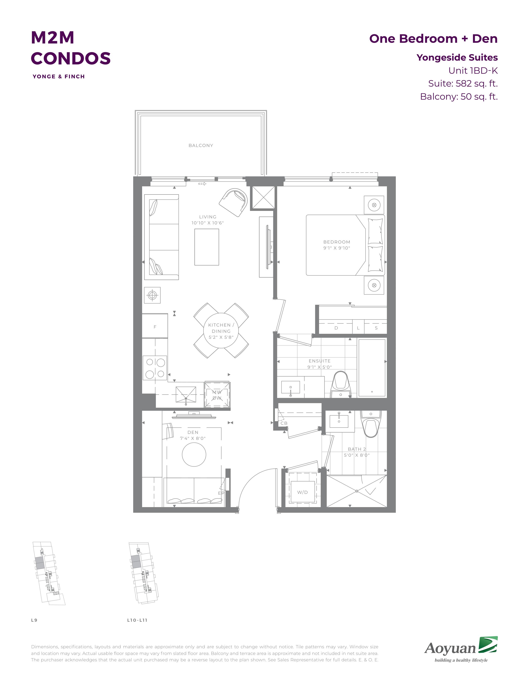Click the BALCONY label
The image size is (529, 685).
[201, 146]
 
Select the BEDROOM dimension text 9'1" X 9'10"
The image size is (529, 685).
[336, 248]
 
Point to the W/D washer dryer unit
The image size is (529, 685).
[302, 492]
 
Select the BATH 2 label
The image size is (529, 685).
[357, 449]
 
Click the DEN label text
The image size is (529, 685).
[193, 432]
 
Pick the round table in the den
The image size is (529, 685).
[194, 454]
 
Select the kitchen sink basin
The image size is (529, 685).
[186, 394]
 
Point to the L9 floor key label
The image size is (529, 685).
[34, 620]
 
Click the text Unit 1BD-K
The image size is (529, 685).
[473, 71]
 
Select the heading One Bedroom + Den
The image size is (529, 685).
[433, 39]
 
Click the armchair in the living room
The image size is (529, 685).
[234, 202]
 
